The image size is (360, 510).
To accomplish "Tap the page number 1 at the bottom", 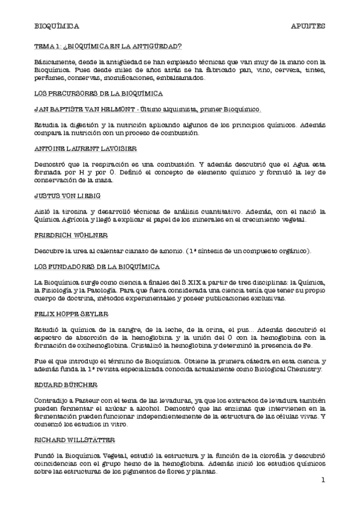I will (323, 480).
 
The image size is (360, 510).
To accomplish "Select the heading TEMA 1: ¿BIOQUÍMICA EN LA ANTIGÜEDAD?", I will (108, 46).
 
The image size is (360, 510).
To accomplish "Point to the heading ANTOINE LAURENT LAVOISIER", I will (85, 148).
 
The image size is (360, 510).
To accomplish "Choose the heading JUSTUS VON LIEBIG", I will (67, 195).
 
